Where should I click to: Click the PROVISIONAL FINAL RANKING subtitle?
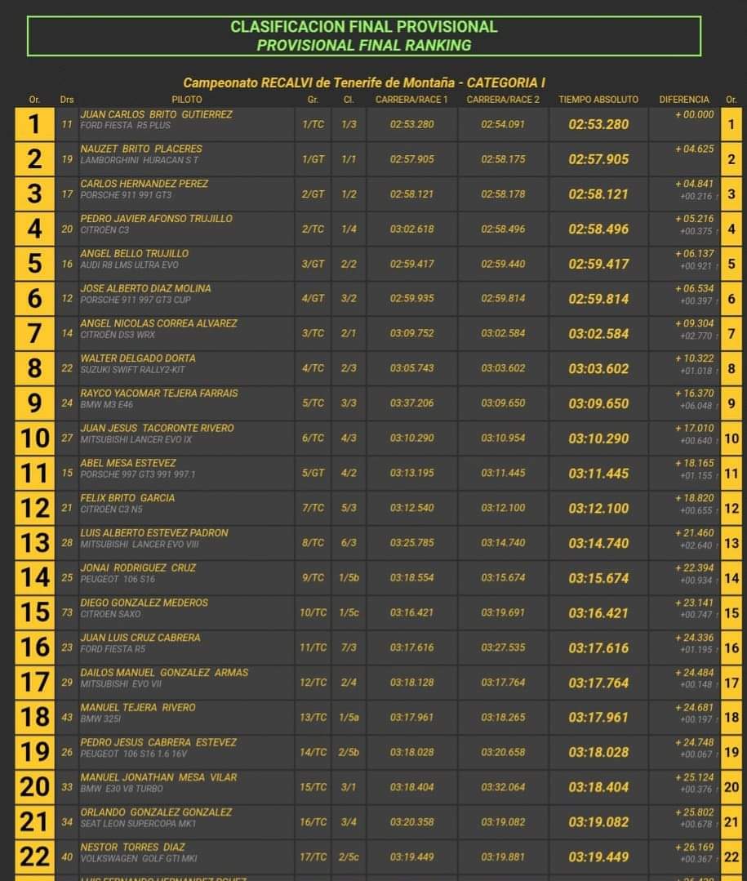point(363,46)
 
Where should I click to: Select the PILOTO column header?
point(187,100)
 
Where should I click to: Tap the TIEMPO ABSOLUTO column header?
point(598,100)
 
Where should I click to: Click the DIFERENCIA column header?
point(684,100)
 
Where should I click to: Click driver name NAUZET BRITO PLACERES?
point(141,149)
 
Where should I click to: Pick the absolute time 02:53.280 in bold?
point(598,125)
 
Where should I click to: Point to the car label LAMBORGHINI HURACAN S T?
point(140,160)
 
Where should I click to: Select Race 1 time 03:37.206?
point(412,403)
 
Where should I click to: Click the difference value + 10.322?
point(694,358)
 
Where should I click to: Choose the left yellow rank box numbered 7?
point(34,334)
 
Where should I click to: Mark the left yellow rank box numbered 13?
point(34,543)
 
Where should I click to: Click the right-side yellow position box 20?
point(731,787)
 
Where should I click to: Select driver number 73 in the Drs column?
point(67,612)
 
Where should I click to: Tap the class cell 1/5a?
point(349,718)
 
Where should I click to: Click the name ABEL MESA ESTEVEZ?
point(128,463)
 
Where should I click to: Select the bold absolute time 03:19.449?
point(598,857)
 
